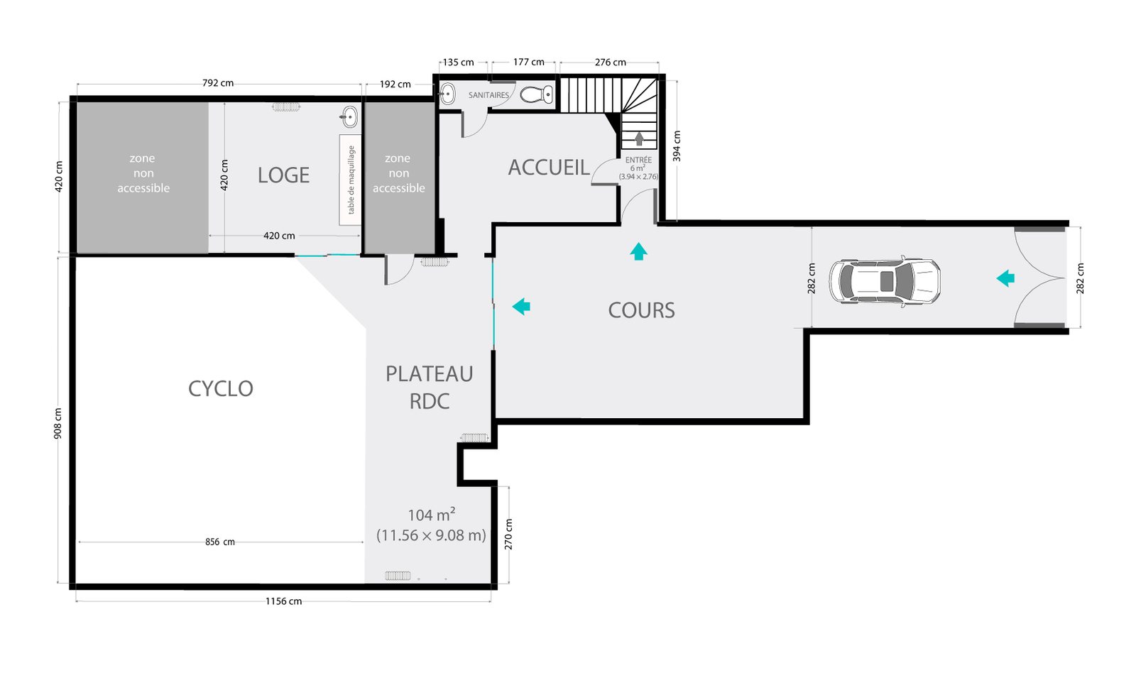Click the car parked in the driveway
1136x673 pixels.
click(885, 281)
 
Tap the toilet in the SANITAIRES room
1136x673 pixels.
click(537, 94)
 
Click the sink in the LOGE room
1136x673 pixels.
click(349, 117)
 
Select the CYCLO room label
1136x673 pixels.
click(221, 389)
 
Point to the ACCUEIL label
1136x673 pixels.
click(549, 168)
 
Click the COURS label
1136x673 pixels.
click(642, 310)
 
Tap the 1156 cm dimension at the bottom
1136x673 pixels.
click(283, 601)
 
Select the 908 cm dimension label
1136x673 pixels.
click(58, 424)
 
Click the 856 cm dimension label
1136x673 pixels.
click(220, 542)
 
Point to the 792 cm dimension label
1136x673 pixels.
click(218, 83)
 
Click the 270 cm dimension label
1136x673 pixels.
click(508, 535)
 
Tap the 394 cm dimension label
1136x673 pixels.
click(677, 146)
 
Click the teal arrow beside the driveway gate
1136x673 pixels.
click(1005, 278)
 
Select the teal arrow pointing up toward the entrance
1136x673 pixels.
click(638, 251)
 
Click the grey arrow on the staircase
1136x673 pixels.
click(639, 138)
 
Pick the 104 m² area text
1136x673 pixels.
click(432, 515)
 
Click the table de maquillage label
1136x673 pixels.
click(351, 180)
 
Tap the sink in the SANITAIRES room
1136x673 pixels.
click(447, 94)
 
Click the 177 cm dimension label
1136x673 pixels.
click(528, 62)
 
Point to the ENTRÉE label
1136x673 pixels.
click(638, 160)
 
